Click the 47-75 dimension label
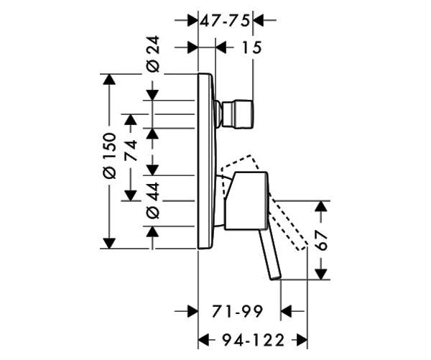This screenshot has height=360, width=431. [x=225, y=21]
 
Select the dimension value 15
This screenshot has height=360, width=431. [x=252, y=47]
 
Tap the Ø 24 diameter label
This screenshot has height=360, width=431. [x=153, y=54]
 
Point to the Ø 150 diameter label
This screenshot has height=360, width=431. [x=109, y=156]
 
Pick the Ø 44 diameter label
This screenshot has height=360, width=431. [x=153, y=200]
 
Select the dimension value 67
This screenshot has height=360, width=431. [x=321, y=240]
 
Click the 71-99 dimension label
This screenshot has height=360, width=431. [x=237, y=312]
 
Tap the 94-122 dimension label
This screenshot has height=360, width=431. [x=253, y=340]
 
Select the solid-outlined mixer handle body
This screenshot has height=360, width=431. [x=246, y=200]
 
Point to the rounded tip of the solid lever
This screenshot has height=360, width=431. [x=275, y=277]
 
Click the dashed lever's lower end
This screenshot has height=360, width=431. [x=302, y=246]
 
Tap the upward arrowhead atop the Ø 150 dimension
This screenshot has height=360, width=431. [x=109, y=80]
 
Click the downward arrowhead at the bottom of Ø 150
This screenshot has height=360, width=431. [x=109, y=243]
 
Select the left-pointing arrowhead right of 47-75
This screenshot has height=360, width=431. [x=259, y=20]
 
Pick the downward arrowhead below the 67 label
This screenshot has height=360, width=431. [x=321, y=274]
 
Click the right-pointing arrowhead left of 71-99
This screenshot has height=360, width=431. [x=193, y=312]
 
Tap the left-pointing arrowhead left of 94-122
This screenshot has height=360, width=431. [x=204, y=340]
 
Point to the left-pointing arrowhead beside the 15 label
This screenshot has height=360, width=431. [x=221, y=47]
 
